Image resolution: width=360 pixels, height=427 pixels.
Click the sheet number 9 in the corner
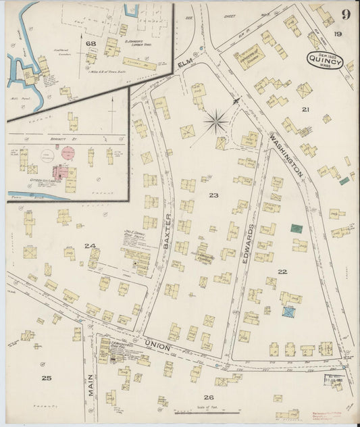[x=345, y=14]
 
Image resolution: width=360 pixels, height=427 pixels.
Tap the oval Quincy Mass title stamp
[x=328, y=61]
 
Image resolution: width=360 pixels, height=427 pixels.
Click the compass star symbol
[x=216, y=122]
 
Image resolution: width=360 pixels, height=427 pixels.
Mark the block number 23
[x=213, y=195]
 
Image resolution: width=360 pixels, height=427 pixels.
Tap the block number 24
[x=89, y=246]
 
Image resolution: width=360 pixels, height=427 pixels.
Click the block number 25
[x=45, y=378]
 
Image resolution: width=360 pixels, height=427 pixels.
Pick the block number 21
[x=305, y=109]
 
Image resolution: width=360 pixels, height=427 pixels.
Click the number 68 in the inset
[x=90, y=45]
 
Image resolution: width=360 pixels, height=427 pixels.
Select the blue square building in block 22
[x=289, y=312]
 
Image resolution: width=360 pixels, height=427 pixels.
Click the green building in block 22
[x=296, y=229]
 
